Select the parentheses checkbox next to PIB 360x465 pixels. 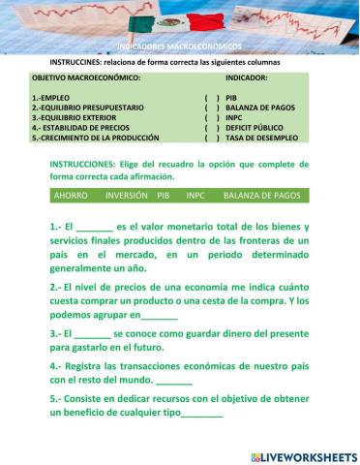pyautogui.click(x=212, y=98)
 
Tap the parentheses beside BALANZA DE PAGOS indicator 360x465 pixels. pyautogui.click(x=212, y=108)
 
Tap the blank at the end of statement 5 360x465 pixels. pyautogui.click(x=201, y=416)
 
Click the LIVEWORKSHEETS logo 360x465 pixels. pyautogui.click(x=303, y=456)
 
